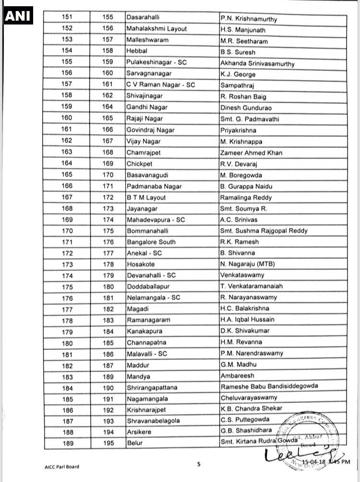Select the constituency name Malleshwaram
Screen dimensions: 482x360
point(147,40)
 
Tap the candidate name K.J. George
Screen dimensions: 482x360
point(238,74)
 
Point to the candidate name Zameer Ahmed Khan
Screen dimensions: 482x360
point(252,153)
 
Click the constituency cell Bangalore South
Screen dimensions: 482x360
point(151,242)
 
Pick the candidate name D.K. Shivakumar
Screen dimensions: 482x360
point(245,331)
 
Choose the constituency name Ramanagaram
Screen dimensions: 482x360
point(148,320)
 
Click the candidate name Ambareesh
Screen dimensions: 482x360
point(237,375)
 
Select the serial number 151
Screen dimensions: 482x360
point(68,17)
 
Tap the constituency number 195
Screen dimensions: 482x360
point(108,443)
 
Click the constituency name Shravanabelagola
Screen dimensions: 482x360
point(153,421)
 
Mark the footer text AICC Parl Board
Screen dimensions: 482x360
point(59,466)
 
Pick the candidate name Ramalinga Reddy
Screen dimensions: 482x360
point(246,197)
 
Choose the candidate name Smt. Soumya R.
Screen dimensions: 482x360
point(243,208)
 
